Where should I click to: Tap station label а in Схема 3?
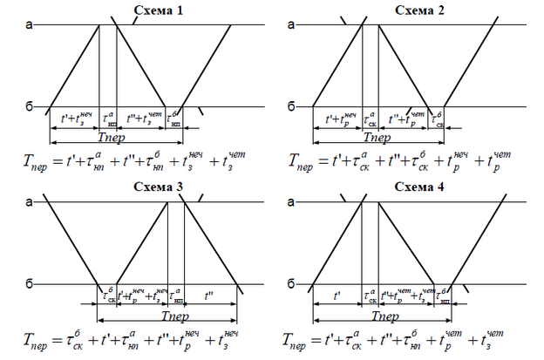[x=30, y=202]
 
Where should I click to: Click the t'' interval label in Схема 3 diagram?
[x=209, y=296]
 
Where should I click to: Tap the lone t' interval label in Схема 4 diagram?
[x=337, y=296]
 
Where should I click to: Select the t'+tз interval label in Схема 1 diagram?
[x=75, y=118]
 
